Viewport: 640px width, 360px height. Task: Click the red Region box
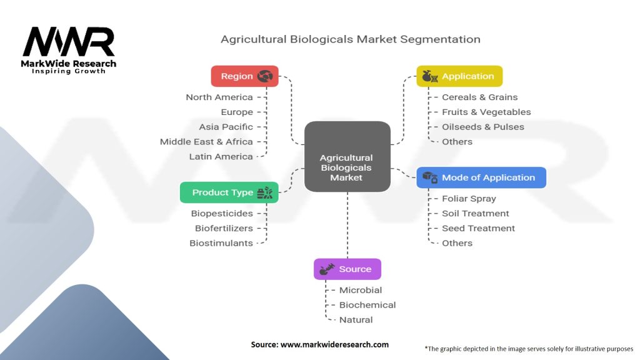pos(244,76)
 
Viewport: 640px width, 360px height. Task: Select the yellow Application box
pos(459,76)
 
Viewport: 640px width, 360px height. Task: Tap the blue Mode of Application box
pos(481,177)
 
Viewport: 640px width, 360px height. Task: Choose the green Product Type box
pos(229,192)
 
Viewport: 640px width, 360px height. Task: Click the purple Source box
pos(347,269)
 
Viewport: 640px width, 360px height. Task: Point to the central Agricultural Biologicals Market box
pos(347,156)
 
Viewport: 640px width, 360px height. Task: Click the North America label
pos(219,97)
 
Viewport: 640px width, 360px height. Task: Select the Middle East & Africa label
pos(206,142)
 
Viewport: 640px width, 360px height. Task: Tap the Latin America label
pos(221,156)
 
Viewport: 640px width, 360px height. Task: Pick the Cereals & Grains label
pos(479,97)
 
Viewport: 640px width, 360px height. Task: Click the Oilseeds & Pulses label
pos(483,127)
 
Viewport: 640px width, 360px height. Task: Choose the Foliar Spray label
pos(469,199)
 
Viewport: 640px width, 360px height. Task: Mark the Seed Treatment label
pos(478,228)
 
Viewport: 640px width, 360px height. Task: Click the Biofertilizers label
pos(224,228)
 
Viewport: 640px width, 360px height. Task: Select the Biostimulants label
pos(221,243)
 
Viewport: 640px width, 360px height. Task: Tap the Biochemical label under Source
pos(367,305)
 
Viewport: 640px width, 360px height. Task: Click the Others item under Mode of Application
pos(457,243)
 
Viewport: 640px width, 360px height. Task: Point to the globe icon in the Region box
pos(265,76)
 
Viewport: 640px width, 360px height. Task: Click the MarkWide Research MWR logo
pos(69,50)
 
